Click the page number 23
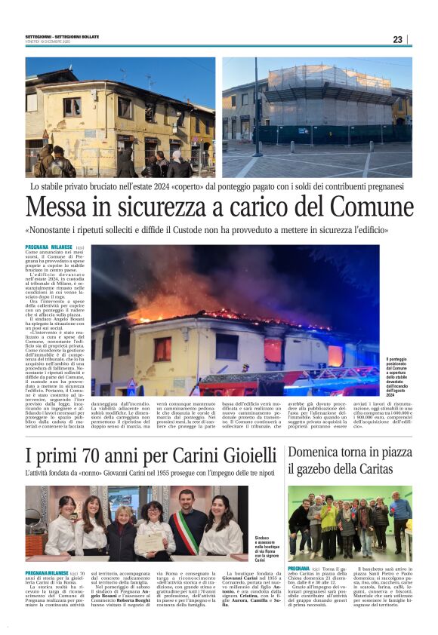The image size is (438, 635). click(x=397, y=39)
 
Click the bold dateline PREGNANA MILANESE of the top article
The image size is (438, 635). click(x=49, y=247)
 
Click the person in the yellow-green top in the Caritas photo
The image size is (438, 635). click(x=329, y=520)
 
